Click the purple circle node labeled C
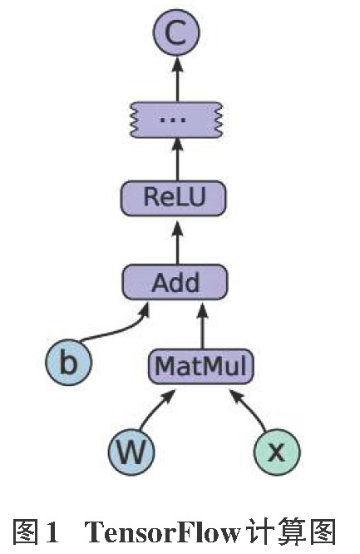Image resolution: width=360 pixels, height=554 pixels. pyautogui.click(x=176, y=32)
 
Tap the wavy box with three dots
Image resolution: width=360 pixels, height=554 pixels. pyautogui.click(x=176, y=120)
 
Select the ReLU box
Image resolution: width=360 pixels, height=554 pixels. pyautogui.click(x=173, y=198)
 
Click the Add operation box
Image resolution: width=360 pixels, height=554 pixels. pyautogui.click(x=175, y=282)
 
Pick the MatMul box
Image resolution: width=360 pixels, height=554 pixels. pyautogui.click(x=200, y=366)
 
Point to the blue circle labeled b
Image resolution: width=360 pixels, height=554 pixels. pyautogui.click(x=68, y=362)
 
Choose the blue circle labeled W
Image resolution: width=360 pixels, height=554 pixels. pyautogui.click(x=131, y=452)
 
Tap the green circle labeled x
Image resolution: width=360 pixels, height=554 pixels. pyautogui.click(x=277, y=452)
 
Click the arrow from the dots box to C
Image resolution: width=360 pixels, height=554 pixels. pyautogui.click(x=178, y=78)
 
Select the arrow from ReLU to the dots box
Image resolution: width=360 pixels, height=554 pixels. pyautogui.click(x=178, y=159)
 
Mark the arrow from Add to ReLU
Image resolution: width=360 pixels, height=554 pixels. pyautogui.click(x=178, y=244)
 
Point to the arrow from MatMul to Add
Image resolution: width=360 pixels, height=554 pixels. pyautogui.click(x=202, y=325)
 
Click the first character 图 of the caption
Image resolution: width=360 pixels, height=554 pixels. pyautogui.click(x=26, y=532)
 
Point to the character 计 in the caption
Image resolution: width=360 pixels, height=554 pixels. pyautogui.click(x=259, y=532)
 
